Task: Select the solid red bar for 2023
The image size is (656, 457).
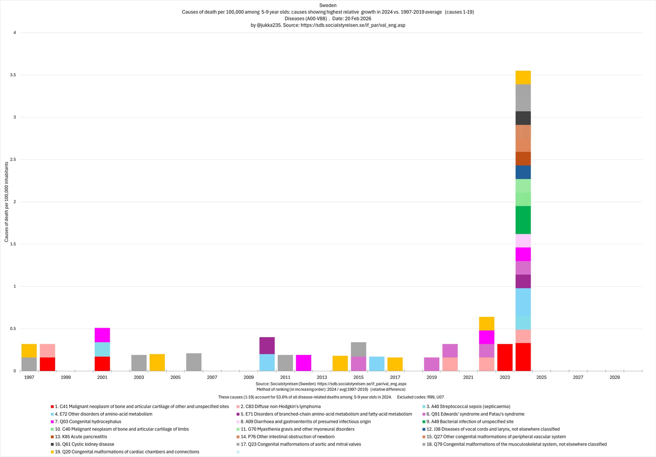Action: tap(505, 357)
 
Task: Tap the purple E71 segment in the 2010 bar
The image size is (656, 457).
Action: tap(267, 346)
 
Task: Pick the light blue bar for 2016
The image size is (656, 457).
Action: tap(377, 363)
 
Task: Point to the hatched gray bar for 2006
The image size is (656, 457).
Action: tap(194, 362)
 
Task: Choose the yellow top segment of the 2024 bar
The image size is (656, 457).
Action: tap(522, 77)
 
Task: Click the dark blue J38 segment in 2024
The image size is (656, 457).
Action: tap(522, 172)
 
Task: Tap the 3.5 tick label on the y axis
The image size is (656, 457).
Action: tap(13, 75)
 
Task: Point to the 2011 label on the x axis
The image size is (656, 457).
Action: tap(285, 377)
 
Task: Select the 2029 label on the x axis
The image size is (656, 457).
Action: tap(614, 377)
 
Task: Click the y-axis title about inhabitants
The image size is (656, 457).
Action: tap(6, 202)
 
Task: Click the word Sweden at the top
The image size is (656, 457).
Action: tap(328, 5)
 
